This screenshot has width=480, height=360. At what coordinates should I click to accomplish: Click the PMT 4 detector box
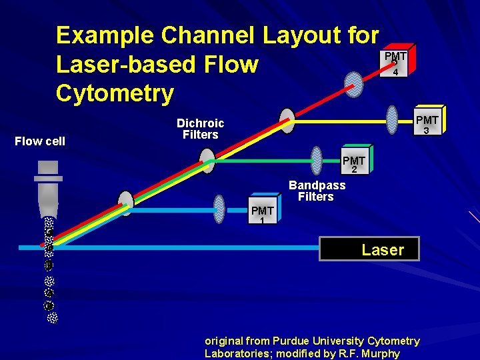click(395, 61)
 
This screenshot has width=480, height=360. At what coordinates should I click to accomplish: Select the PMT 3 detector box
click(427, 124)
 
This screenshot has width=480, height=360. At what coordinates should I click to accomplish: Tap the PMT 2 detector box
click(353, 164)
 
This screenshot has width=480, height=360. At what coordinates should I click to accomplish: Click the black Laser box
click(370, 249)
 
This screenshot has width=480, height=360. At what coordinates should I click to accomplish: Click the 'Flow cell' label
click(41, 141)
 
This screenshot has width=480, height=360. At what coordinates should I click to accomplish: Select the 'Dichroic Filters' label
click(200, 129)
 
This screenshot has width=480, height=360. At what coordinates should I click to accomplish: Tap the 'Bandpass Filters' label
click(317, 191)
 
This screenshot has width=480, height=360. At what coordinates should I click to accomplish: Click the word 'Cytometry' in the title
click(115, 93)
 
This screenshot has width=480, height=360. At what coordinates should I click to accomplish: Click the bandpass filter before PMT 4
click(353, 83)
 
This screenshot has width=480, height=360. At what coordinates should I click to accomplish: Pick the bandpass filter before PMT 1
click(219, 209)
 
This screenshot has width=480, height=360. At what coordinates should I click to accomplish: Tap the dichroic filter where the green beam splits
click(207, 161)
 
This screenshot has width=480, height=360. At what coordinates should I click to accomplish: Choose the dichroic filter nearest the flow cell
click(125, 203)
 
